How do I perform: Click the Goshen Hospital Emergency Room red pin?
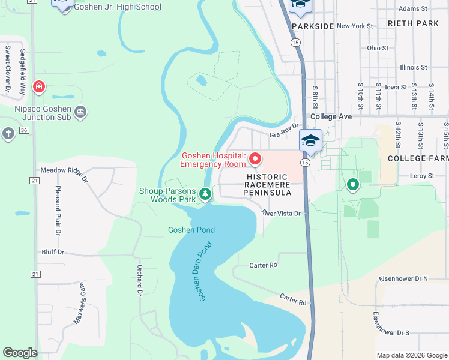(255, 159)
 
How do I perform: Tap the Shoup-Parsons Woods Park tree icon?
(205, 193)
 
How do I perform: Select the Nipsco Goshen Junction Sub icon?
(81, 111)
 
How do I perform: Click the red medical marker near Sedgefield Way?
(39, 88)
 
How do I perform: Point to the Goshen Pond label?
(191, 230)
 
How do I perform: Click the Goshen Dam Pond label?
(205, 272)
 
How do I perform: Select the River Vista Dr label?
(280, 213)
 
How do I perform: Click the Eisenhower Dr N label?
(403, 279)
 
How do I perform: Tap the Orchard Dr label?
(139, 280)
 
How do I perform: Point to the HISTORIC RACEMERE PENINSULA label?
(268, 185)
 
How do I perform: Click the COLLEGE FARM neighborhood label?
(418, 158)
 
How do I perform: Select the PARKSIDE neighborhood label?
(312, 27)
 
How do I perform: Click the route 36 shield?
(24, 130)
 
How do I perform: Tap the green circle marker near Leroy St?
(352, 185)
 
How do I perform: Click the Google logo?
(20, 353)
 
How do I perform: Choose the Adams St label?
(413, 9)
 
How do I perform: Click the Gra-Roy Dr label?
(284, 135)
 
